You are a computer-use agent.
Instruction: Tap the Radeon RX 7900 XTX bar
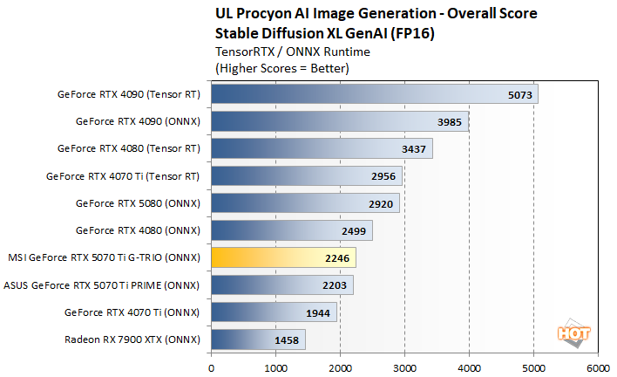click(x=258, y=339)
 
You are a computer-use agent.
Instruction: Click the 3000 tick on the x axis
click(x=404, y=367)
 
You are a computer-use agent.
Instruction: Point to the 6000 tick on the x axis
click(x=598, y=367)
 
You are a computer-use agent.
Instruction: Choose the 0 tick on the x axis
click(x=211, y=367)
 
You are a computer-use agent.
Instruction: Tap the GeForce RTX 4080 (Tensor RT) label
click(x=128, y=148)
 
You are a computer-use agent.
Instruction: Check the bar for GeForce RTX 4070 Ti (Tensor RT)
click(x=306, y=176)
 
